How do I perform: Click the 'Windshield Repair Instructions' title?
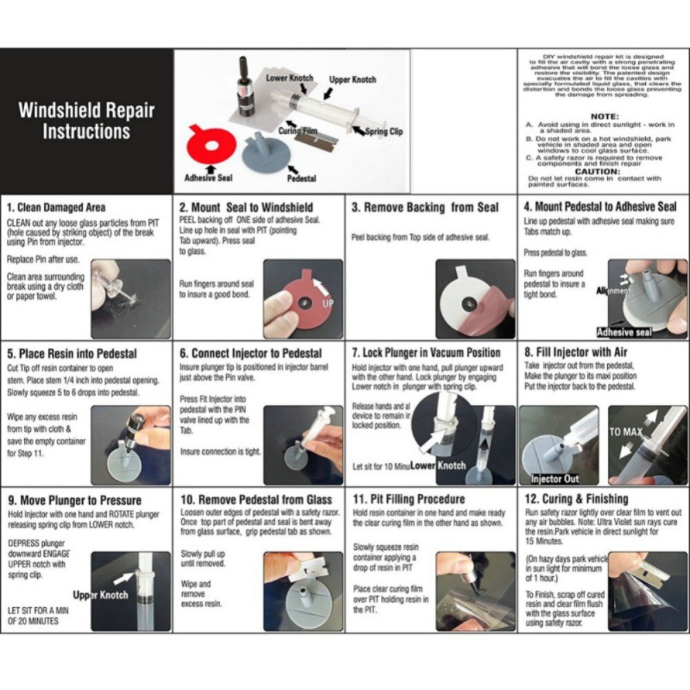coord(86,120)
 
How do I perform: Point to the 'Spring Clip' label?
coord(384,131)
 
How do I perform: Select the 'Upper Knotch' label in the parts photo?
coord(353,80)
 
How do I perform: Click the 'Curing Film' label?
coord(298,130)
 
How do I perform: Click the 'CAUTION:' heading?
coord(598,171)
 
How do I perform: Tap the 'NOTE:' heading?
coord(604,117)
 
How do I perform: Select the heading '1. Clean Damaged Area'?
coord(57,207)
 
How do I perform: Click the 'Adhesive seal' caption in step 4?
coord(624,332)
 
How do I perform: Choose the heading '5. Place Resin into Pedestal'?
coord(72,354)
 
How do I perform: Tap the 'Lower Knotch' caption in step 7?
coord(438,466)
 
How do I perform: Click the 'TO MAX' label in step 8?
coord(626,432)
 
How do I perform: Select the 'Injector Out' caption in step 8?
coord(555,478)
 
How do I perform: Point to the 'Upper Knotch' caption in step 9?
coord(101,595)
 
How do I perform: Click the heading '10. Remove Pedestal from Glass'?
coord(256,500)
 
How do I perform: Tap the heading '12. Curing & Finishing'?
coord(577,499)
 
